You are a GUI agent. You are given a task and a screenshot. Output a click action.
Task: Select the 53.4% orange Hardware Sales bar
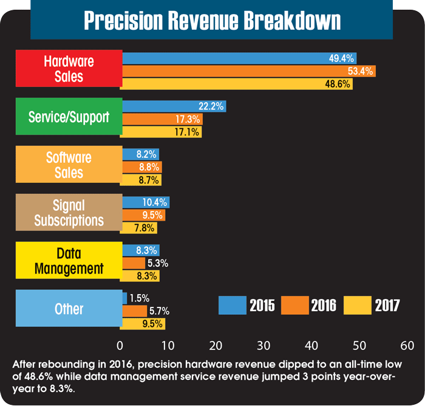(249, 71)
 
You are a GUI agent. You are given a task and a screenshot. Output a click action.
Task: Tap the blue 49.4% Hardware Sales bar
(239, 58)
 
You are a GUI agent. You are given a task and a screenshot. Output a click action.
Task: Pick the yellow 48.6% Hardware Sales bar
(237, 84)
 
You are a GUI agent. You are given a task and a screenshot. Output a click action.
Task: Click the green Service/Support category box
(69, 117)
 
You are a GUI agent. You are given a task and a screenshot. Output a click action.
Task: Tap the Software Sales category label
(69, 165)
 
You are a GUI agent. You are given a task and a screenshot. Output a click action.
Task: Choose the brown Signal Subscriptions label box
(69, 212)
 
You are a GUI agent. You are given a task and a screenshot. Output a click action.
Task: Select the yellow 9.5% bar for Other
(143, 323)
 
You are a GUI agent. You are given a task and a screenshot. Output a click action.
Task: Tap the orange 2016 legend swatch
(294, 304)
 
